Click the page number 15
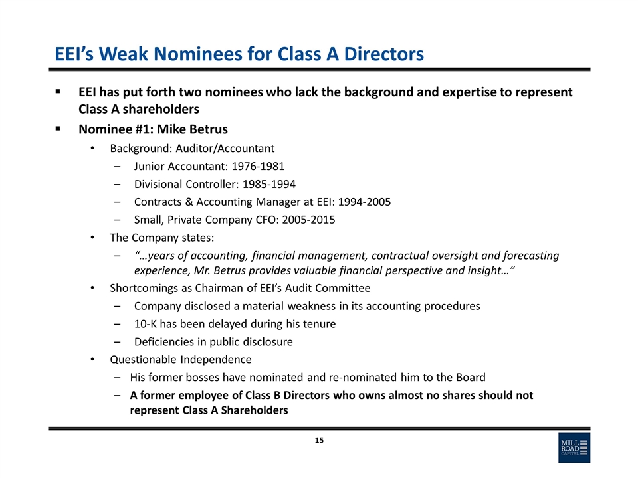click(319, 441)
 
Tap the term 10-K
click(146, 324)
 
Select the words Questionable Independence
click(181, 360)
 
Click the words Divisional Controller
click(183, 184)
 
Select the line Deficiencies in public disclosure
click(213, 342)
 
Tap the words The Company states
click(162, 238)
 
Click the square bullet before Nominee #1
click(58, 129)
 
